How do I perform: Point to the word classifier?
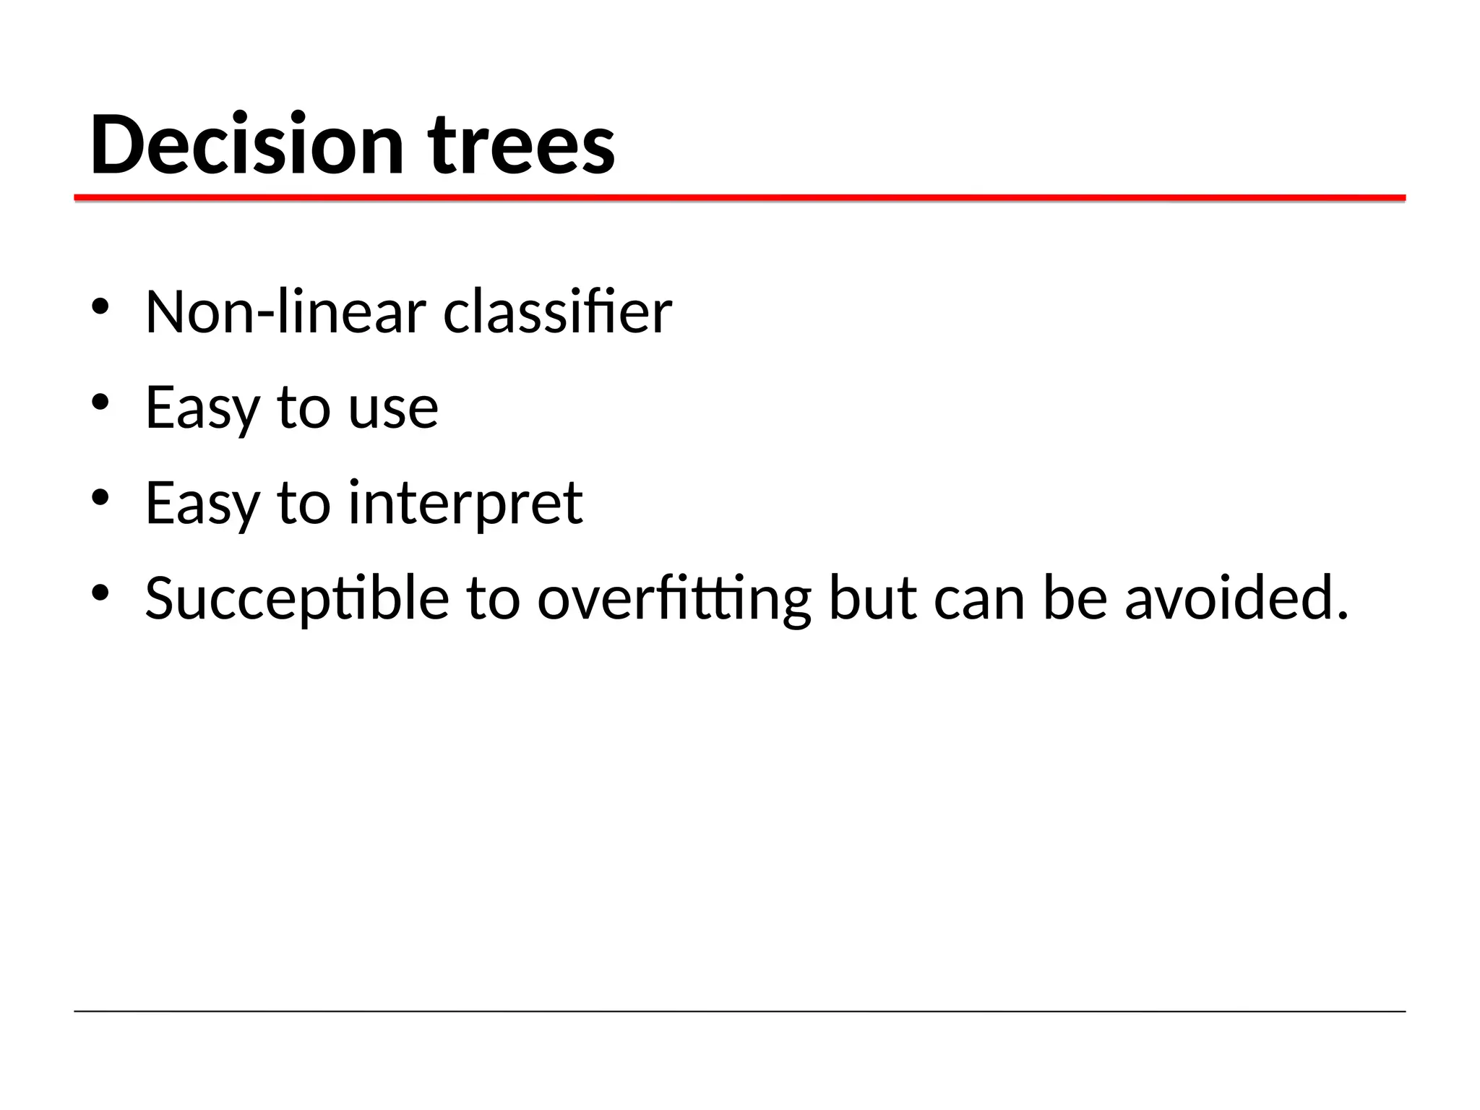(x=557, y=312)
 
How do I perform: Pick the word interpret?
(x=465, y=503)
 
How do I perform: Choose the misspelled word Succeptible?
(x=296, y=598)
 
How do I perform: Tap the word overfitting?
(x=674, y=598)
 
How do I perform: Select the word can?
(x=978, y=598)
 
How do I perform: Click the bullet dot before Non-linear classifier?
(x=100, y=306)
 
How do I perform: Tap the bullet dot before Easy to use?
(x=100, y=402)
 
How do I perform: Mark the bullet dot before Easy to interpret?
(x=100, y=497)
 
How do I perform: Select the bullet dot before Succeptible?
(x=100, y=593)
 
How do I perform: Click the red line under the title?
(x=740, y=197)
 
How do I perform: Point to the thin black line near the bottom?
(x=740, y=1011)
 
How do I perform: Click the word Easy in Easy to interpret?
(x=202, y=503)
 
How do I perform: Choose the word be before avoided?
(x=1075, y=598)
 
